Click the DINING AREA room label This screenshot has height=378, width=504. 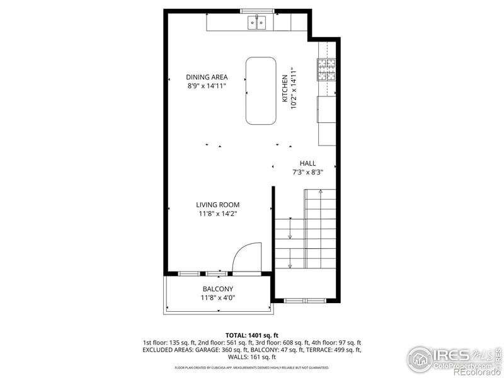[x=206, y=77]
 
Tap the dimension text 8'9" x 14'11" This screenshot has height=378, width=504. [x=206, y=86]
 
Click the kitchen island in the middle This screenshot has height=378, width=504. [x=261, y=91]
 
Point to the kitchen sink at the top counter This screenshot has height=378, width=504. [x=258, y=23]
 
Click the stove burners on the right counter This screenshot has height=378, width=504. [x=326, y=69]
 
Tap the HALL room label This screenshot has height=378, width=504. [x=308, y=163]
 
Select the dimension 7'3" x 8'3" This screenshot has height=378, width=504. [x=307, y=172]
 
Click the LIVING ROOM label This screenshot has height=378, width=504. [x=217, y=205]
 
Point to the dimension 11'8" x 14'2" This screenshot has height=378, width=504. [x=217, y=214]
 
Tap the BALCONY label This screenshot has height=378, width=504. [x=218, y=289]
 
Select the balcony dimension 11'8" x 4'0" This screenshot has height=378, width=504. [x=218, y=298]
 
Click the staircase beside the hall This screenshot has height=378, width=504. [x=306, y=230]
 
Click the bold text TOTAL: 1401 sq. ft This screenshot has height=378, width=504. [x=252, y=335]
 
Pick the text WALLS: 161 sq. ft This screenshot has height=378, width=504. [x=252, y=357]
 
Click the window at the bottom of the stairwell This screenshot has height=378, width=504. [x=306, y=301]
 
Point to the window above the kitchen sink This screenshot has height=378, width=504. [x=258, y=11]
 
